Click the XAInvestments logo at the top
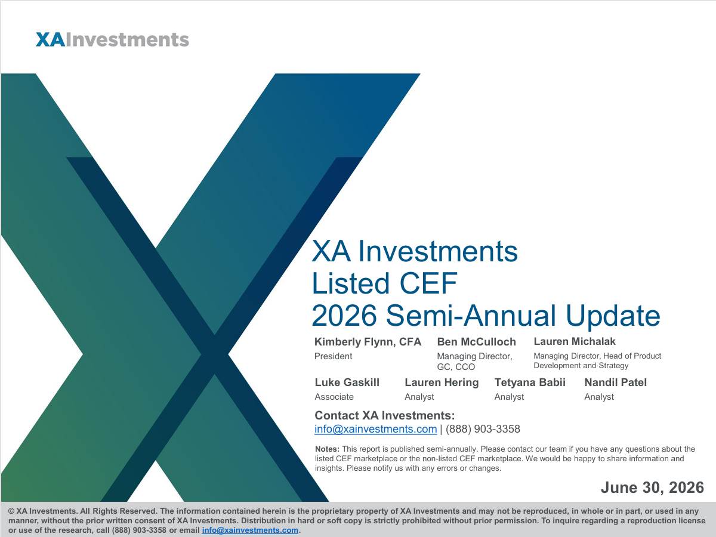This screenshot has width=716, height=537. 112,40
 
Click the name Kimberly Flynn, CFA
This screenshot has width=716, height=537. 368,342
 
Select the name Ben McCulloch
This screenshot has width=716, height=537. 476,342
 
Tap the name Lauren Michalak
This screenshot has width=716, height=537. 575,341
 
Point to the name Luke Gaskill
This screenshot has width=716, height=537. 347,382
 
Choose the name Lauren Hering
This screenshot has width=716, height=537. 442,382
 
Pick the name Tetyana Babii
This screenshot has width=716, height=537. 530,382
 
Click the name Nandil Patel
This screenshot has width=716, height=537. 615,382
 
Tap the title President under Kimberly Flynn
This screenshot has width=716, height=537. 333,356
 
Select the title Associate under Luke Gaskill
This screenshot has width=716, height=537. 334,397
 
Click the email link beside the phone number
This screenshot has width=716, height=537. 375,429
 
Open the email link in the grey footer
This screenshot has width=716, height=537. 250,530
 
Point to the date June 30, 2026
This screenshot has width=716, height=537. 652,487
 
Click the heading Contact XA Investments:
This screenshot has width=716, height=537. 385,415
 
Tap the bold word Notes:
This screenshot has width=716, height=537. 327,449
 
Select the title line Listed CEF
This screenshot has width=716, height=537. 384,283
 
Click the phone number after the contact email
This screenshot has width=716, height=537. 483,429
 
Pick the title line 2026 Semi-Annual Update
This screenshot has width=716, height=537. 486,316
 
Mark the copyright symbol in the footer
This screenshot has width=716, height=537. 11,511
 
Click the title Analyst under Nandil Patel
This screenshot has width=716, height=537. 599,397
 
